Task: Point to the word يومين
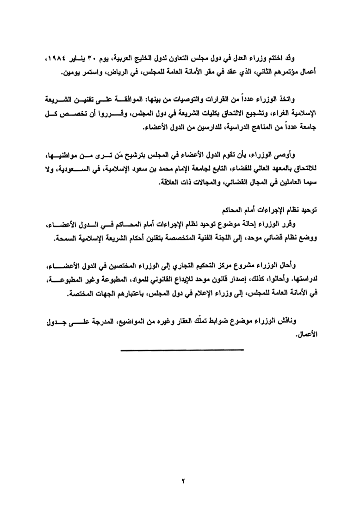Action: coord(68,72)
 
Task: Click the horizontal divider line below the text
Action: coord(182,350)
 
